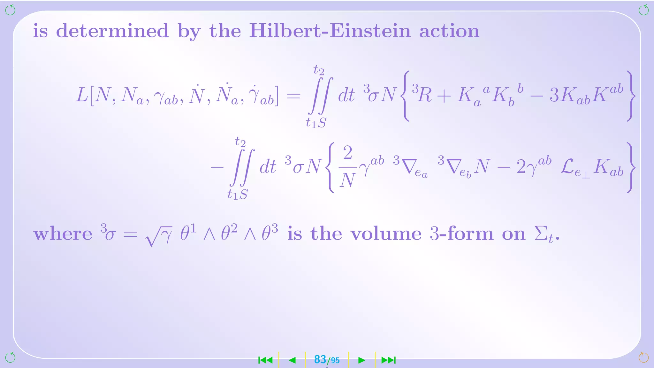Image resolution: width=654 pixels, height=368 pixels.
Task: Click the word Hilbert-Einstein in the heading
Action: click(330, 31)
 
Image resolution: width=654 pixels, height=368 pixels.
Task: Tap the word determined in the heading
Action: click(112, 31)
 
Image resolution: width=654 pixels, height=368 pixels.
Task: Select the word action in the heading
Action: click(449, 31)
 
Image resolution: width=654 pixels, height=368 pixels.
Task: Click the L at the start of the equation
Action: click(82, 95)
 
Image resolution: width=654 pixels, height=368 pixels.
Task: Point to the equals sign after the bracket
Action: click(293, 96)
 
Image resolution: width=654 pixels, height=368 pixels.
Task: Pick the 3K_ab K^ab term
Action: click(586, 94)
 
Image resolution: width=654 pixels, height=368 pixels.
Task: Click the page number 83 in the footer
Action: click(320, 360)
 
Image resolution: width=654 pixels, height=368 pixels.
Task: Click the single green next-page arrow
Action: click(361, 360)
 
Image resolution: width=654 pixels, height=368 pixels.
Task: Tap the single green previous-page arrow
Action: click(292, 360)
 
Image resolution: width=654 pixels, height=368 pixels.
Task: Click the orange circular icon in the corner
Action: click(643, 357)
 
